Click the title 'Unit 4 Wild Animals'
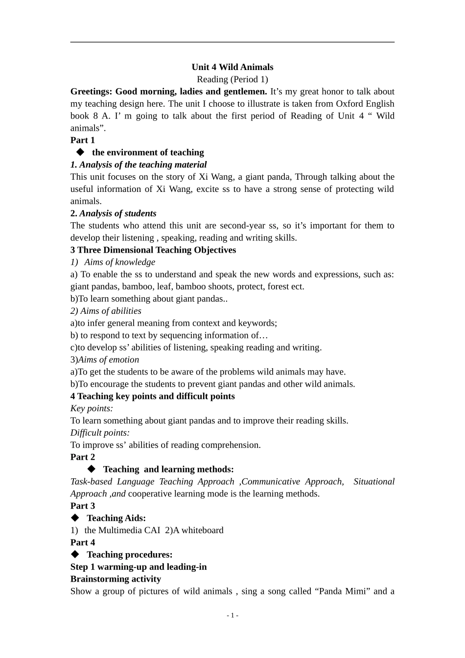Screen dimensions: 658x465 [x=232, y=67]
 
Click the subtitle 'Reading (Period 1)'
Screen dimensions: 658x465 [x=232, y=79]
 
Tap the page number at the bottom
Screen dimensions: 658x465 [x=232, y=615]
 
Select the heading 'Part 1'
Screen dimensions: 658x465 [x=83, y=140]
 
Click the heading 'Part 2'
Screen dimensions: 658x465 [x=83, y=457]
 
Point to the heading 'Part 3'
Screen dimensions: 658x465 [x=83, y=506]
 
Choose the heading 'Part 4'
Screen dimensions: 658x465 [x=83, y=542]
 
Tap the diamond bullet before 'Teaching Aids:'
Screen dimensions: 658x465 [x=75, y=518]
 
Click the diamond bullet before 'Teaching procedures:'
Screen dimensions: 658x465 [x=75, y=554]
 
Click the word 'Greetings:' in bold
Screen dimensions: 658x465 [x=91, y=92]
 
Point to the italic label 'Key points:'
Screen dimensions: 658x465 [x=92, y=408]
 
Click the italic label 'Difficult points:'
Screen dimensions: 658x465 [x=100, y=433]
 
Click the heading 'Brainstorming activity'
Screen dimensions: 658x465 [x=116, y=579]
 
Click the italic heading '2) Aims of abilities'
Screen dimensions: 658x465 [x=106, y=311]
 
